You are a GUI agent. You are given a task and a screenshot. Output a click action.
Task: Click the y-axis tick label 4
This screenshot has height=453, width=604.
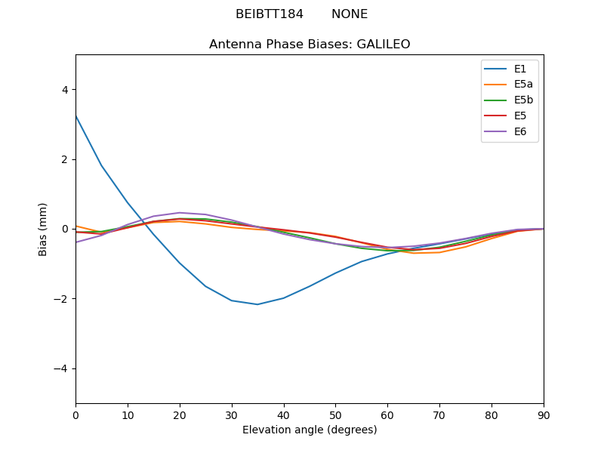point(64,90)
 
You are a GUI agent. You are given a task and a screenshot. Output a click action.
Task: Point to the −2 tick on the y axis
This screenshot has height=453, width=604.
point(61,299)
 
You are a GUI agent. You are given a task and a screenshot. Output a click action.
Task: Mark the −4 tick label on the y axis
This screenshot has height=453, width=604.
point(61,368)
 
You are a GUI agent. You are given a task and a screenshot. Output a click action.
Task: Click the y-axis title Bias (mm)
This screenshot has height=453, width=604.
point(44,229)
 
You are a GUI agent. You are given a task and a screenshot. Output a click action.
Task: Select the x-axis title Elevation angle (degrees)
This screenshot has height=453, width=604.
point(310,430)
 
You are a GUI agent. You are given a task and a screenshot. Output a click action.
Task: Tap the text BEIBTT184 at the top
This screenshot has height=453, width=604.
point(270,14)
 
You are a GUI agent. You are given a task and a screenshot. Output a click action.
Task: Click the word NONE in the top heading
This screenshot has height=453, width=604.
point(350,14)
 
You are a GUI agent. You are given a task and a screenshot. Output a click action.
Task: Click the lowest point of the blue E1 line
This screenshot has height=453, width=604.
point(257,304)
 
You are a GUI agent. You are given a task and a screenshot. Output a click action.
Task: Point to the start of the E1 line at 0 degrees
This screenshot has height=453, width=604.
point(76,116)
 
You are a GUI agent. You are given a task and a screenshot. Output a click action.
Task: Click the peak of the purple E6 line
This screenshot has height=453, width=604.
point(180,212)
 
